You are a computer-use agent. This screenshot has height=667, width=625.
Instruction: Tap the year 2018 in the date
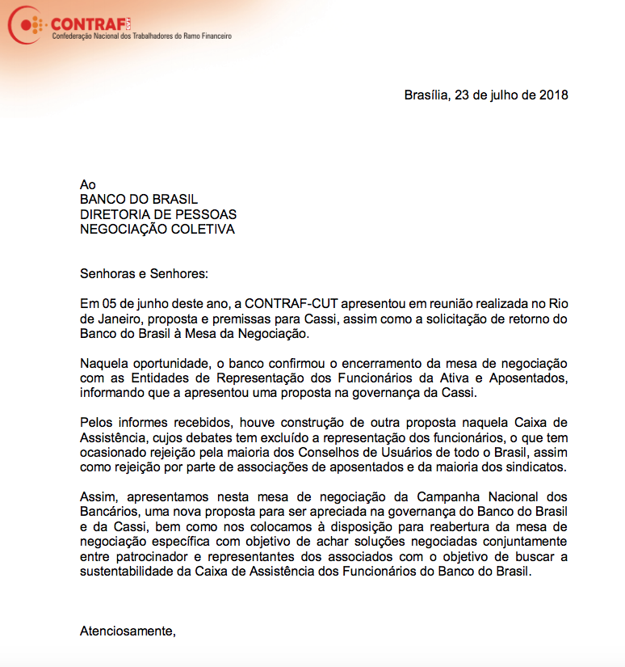[x=554, y=95]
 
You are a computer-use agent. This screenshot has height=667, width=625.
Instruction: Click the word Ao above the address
[x=87, y=184]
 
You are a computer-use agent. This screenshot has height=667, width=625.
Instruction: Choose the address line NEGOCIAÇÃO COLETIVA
[x=157, y=229]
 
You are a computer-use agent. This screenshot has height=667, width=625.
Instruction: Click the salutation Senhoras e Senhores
[x=144, y=273]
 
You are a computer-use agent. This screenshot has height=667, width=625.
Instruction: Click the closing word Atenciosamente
[x=127, y=631]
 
